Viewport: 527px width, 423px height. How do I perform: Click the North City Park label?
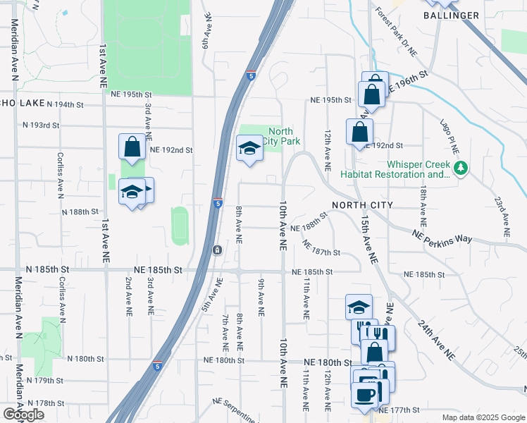click(280, 136)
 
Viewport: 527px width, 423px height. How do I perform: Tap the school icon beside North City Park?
click(249, 148)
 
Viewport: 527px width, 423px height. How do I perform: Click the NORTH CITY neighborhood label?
click(357, 204)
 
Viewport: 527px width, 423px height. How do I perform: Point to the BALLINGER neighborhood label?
click(452, 15)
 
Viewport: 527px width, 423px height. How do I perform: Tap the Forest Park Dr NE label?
click(396, 32)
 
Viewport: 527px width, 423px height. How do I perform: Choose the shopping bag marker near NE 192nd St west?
click(132, 147)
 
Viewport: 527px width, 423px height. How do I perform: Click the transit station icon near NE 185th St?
click(217, 250)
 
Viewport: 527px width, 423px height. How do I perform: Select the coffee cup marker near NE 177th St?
click(365, 393)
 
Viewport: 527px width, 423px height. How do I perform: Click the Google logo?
click(23, 415)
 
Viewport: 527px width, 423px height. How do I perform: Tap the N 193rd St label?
click(40, 125)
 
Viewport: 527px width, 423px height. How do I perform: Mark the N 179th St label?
click(45, 380)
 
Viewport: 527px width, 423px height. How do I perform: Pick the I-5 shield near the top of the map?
click(252, 75)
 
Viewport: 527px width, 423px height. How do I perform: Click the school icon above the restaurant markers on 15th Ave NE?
click(359, 307)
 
